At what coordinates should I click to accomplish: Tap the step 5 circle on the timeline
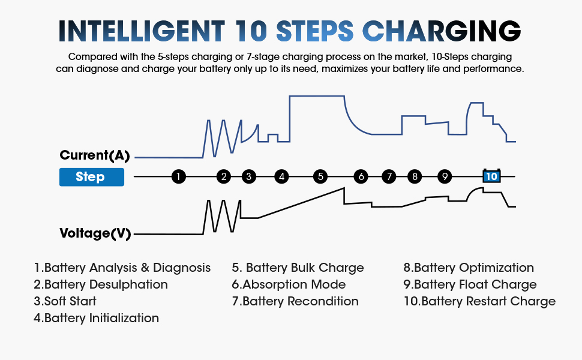[320, 176]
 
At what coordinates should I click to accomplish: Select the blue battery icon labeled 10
[491, 176]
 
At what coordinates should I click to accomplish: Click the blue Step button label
[91, 177]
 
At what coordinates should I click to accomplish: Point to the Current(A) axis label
[95, 155]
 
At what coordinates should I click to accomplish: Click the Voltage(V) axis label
[95, 233]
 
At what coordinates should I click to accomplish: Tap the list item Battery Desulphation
[101, 284]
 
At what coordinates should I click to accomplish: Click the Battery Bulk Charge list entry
[298, 268]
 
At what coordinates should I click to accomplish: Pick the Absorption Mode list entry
[289, 284]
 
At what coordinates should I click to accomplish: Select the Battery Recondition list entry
[295, 301]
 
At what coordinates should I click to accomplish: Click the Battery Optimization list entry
[468, 268]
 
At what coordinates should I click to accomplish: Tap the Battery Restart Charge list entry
[479, 301]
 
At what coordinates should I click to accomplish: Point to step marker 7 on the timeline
[389, 176]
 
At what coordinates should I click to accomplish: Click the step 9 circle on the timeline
[444, 176]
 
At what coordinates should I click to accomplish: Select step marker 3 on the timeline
[249, 176]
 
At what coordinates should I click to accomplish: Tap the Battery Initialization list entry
[96, 318]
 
